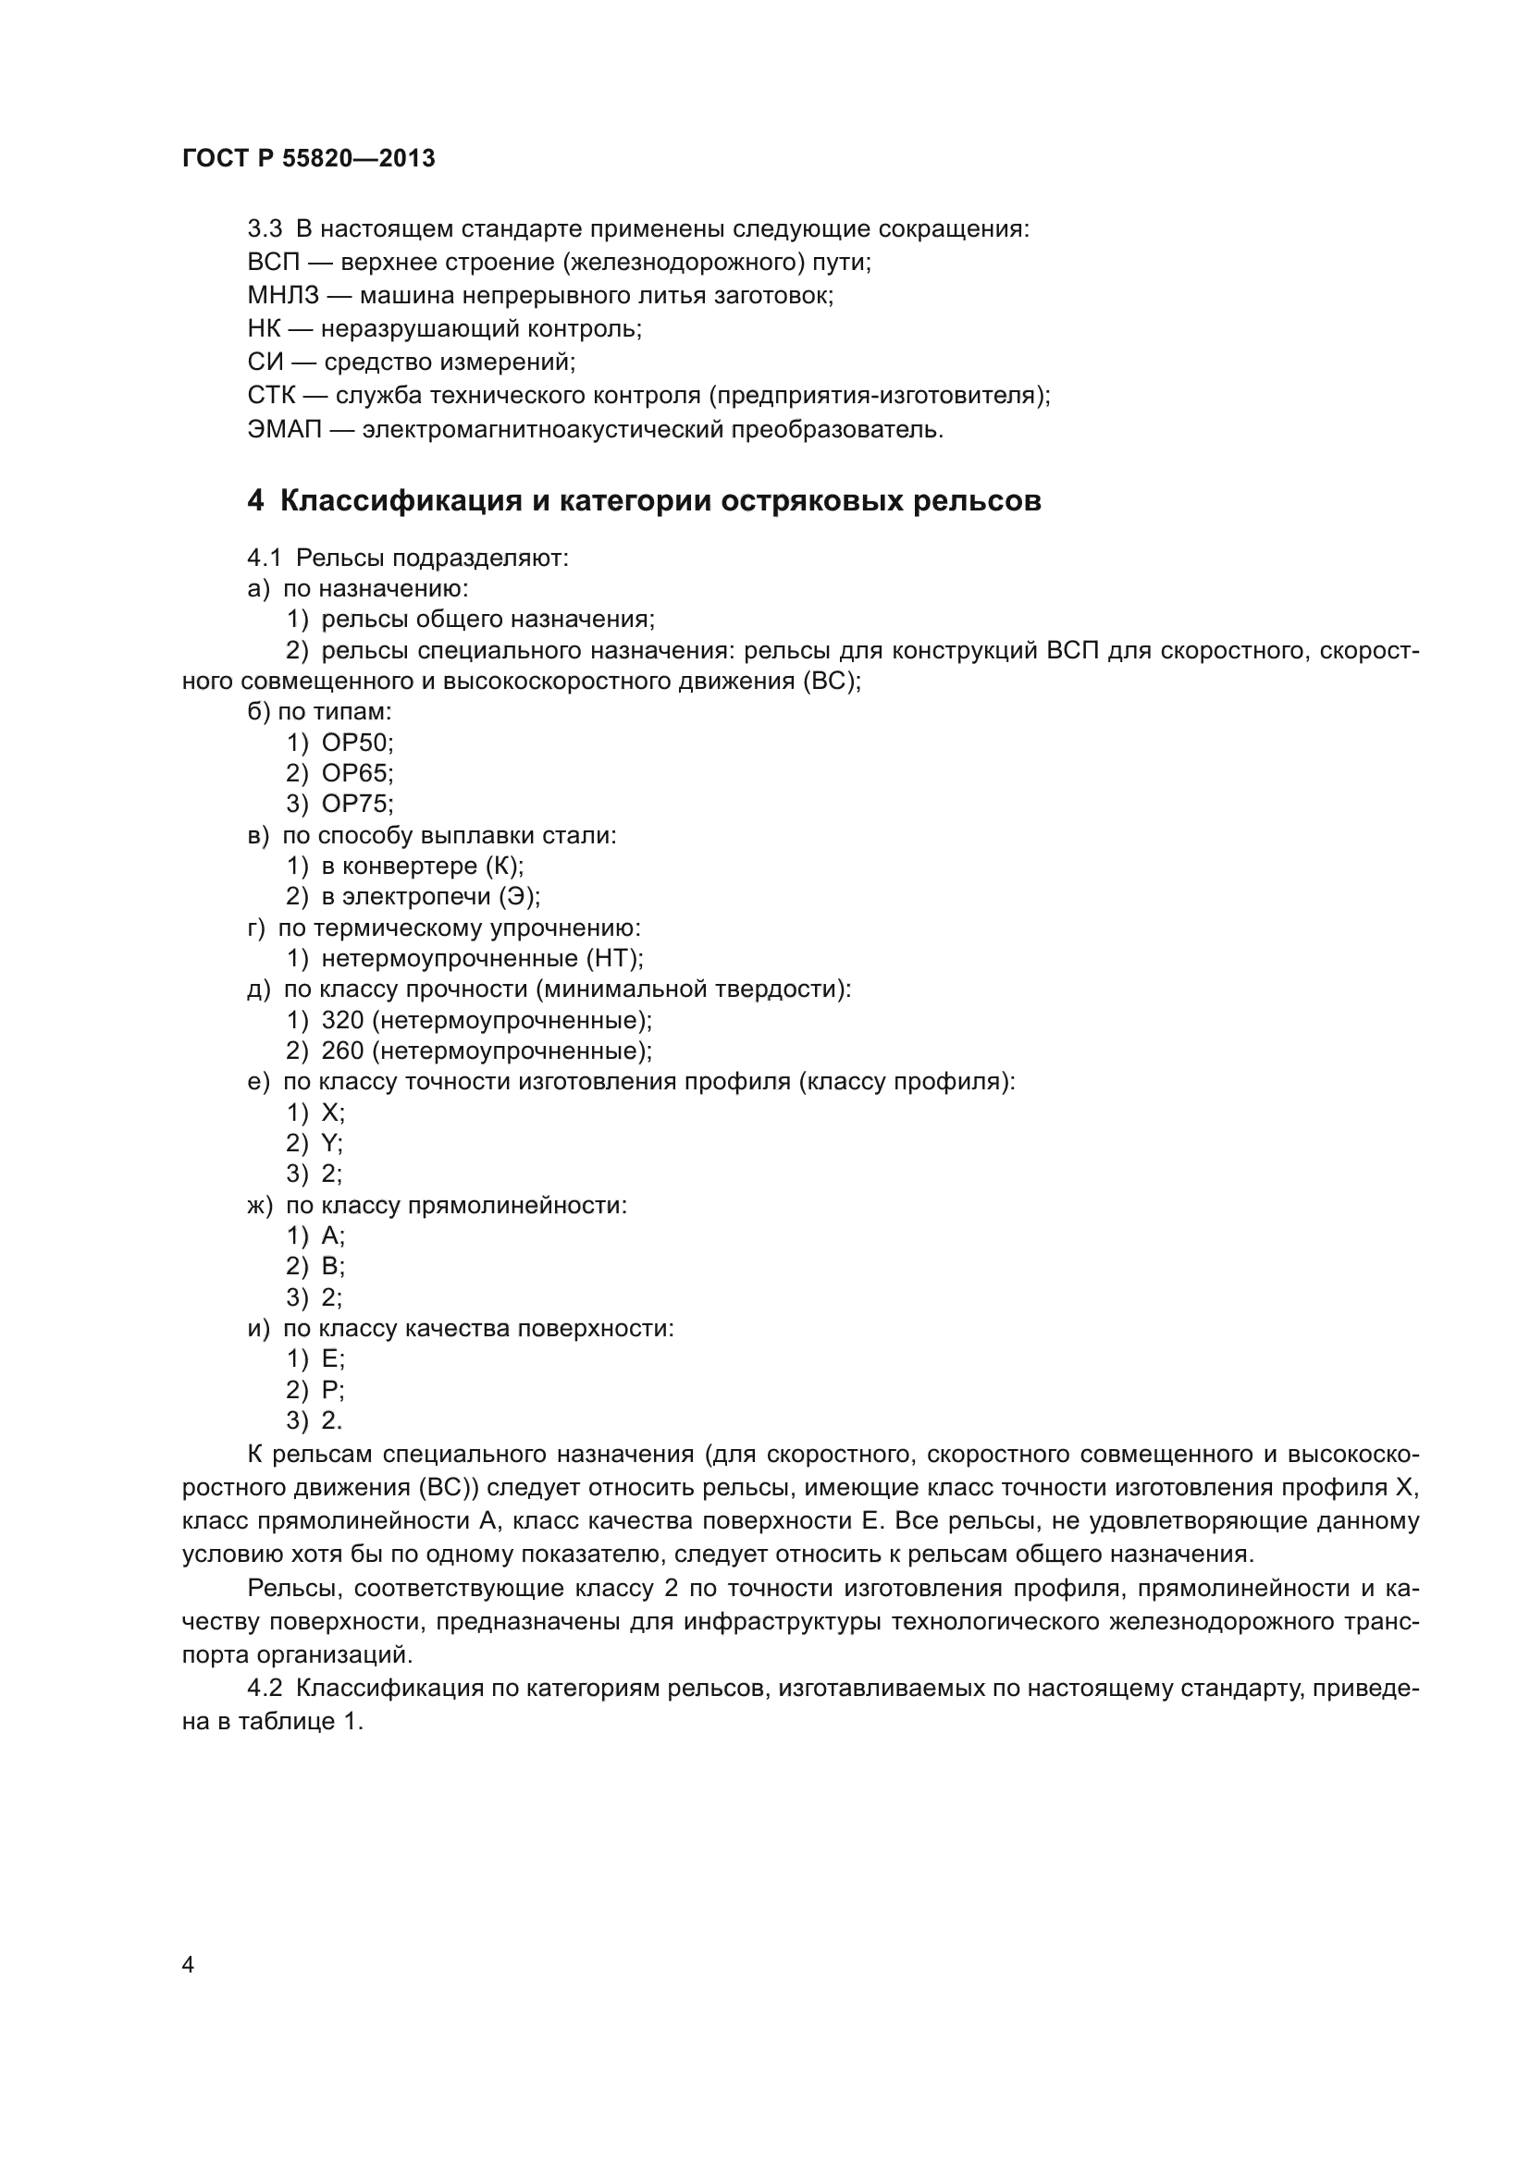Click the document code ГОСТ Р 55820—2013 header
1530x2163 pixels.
[x=308, y=158]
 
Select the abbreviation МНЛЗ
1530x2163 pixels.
[x=284, y=296]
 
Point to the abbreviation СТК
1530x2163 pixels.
[x=271, y=396]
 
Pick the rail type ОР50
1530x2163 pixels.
[x=357, y=743]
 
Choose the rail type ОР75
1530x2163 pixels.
[x=357, y=804]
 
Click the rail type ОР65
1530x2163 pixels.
[x=357, y=773]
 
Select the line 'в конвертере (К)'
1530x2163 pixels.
[x=422, y=866]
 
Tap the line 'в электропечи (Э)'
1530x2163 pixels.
[x=430, y=896]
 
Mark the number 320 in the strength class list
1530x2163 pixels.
[x=342, y=1020]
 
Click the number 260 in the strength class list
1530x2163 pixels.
[x=342, y=1051]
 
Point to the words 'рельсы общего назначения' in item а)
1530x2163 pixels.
[x=487, y=619]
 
